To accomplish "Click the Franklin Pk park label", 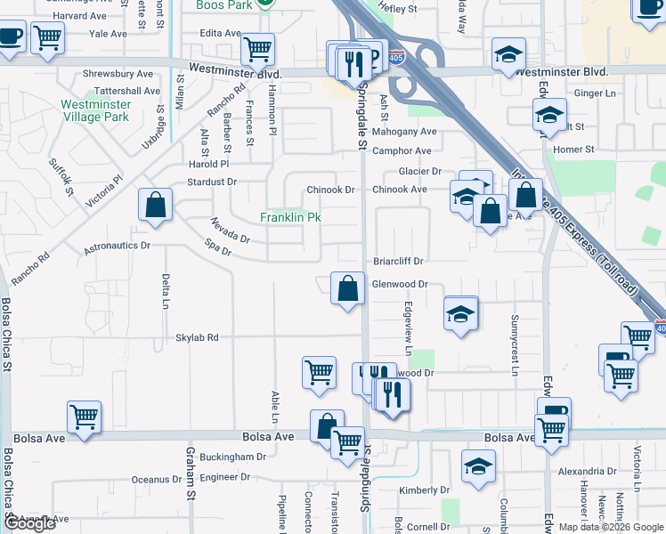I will pos(289,217).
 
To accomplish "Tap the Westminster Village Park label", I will pos(96,110).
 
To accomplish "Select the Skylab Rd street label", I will pos(197,338).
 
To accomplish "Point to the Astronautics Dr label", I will pos(118,244).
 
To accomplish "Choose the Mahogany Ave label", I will pos(404,132).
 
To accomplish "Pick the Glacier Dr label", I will pos(420,171).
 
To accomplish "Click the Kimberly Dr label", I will pos(425,490).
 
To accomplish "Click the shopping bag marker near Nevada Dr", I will pos(156,205).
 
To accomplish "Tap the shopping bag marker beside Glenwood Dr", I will pos(347,288).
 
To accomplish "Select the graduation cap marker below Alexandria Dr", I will pos(478,465).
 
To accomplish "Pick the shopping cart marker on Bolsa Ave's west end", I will pos(84,415).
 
